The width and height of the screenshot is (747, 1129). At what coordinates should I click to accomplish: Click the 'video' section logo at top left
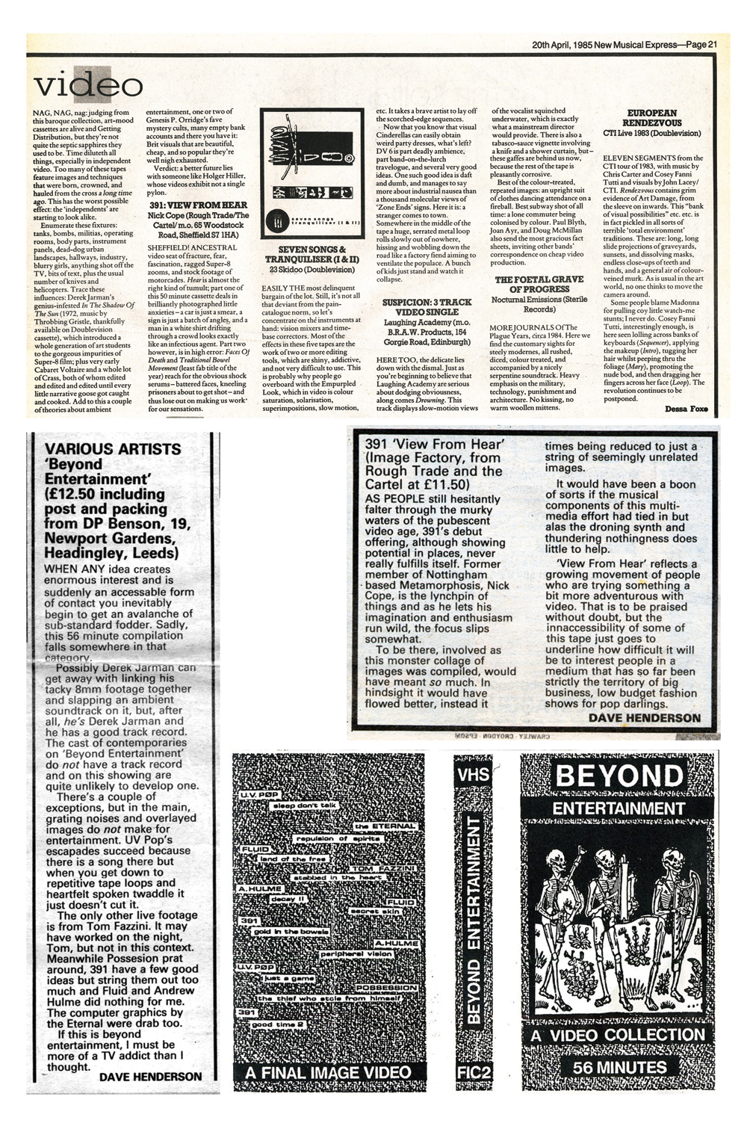[x=87, y=84]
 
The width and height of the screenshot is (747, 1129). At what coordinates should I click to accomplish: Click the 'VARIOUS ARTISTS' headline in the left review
[x=113, y=449]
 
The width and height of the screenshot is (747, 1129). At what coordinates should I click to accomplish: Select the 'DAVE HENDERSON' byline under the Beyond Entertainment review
[x=150, y=1076]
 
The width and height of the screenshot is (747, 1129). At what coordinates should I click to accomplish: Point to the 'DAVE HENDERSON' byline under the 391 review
[x=644, y=717]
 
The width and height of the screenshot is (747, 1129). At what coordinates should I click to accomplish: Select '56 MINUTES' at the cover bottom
[x=619, y=1066]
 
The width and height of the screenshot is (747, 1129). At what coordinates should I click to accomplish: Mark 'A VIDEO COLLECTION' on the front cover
[x=619, y=1035]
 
